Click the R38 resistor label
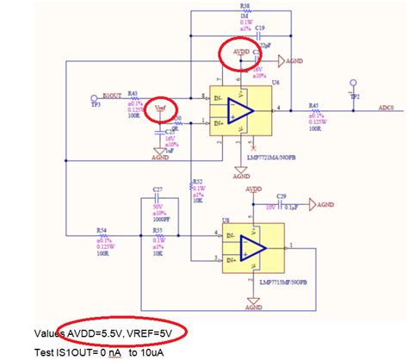click(x=222, y=5)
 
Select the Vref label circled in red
click(x=158, y=109)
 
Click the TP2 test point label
click(x=354, y=97)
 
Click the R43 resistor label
click(x=133, y=94)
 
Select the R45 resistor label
click(x=314, y=104)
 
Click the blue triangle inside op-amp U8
click(x=250, y=245)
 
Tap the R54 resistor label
click(x=102, y=231)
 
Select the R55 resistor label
click(x=158, y=231)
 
